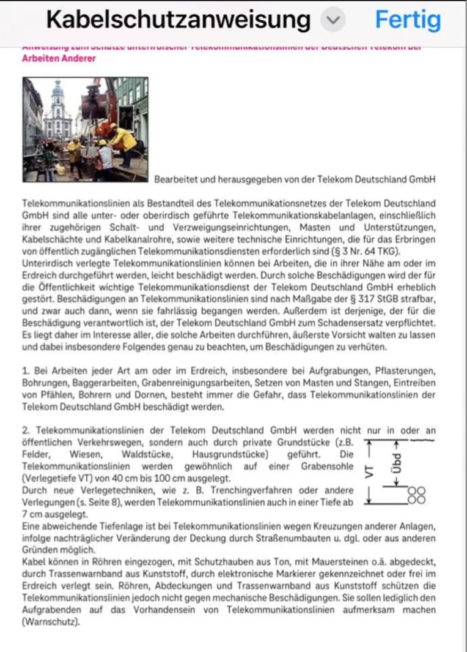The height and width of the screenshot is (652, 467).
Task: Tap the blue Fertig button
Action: click(408, 20)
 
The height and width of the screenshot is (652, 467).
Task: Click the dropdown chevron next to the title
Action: click(333, 20)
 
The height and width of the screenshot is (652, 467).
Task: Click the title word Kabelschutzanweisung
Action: click(178, 20)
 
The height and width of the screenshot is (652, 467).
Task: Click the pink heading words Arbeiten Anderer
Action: click(59, 58)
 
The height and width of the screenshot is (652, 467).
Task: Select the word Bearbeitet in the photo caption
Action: click(176, 180)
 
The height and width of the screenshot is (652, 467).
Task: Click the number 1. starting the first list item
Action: click(26, 372)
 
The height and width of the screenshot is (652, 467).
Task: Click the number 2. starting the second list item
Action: click(26, 430)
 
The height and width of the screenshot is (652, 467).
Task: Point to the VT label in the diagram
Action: click(369, 471)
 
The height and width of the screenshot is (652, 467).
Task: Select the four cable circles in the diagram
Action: click(416, 495)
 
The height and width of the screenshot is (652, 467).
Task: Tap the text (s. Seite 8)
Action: click(91, 502)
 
